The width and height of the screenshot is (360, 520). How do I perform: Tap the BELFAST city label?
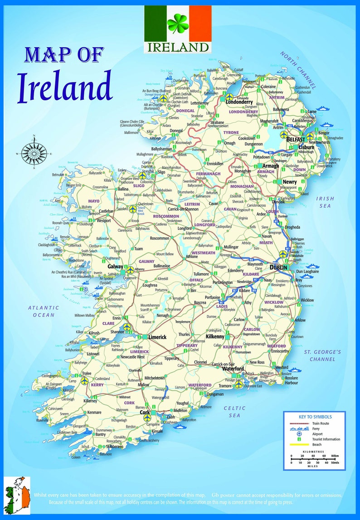click(296, 139)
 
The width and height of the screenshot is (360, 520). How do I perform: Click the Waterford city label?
click(233, 369)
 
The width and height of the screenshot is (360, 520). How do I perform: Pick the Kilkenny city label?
click(215, 337)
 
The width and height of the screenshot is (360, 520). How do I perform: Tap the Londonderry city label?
click(242, 102)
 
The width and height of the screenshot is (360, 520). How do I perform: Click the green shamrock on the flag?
click(177, 23)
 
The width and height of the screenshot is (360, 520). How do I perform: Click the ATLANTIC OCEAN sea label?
click(43, 311)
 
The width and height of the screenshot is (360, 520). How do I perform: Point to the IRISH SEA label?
click(325, 202)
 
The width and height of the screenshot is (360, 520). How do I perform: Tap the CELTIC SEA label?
click(234, 411)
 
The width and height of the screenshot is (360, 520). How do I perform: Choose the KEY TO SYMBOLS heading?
click(315, 417)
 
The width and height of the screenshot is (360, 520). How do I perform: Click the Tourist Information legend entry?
click(325, 439)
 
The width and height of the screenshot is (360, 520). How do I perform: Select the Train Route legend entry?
click(320, 423)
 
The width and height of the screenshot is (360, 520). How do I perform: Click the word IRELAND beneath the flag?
click(177, 47)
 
